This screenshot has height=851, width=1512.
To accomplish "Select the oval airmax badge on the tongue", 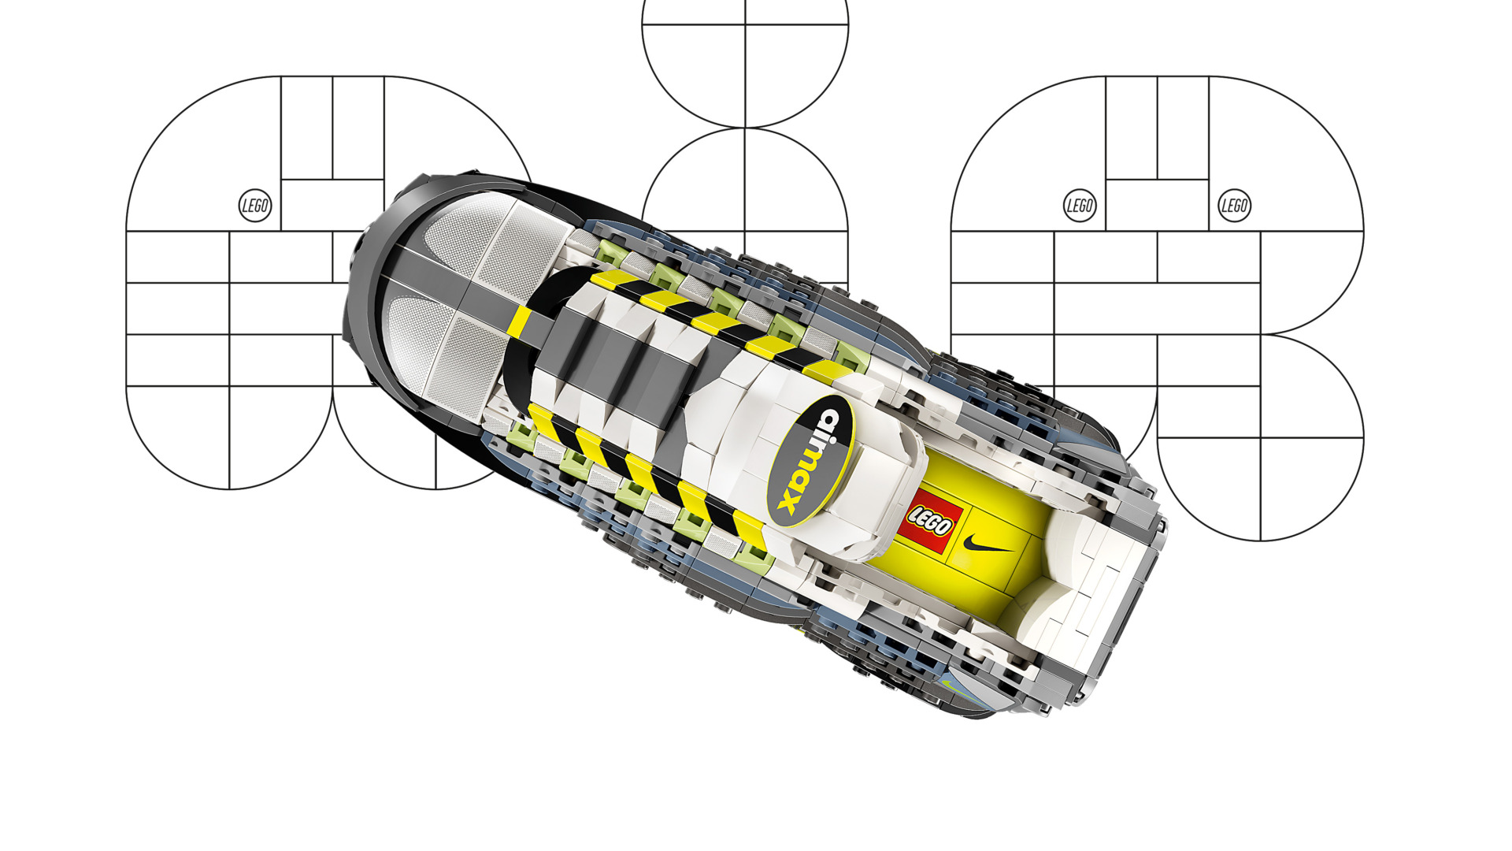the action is [x=810, y=461].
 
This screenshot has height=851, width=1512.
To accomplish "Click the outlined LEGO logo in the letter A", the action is [x=255, y=206].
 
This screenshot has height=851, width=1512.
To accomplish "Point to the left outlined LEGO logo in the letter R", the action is [x=1080, y=206].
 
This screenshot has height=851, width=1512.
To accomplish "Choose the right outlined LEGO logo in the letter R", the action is [x=1234, y=206].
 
